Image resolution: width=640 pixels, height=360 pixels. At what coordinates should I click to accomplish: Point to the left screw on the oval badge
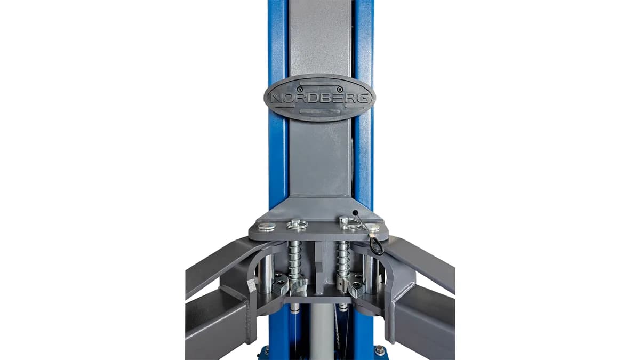click(x=299, y=90)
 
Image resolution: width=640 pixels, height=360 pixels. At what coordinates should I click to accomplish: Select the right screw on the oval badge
click(x=339, y=90)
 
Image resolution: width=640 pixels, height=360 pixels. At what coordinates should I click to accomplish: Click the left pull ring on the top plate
click(x=297, y=225)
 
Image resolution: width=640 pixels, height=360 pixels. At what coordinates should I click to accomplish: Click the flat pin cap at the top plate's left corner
click(x=267, y=226)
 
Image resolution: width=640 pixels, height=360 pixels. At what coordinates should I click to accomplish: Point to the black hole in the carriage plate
click(x=355, y=213)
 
